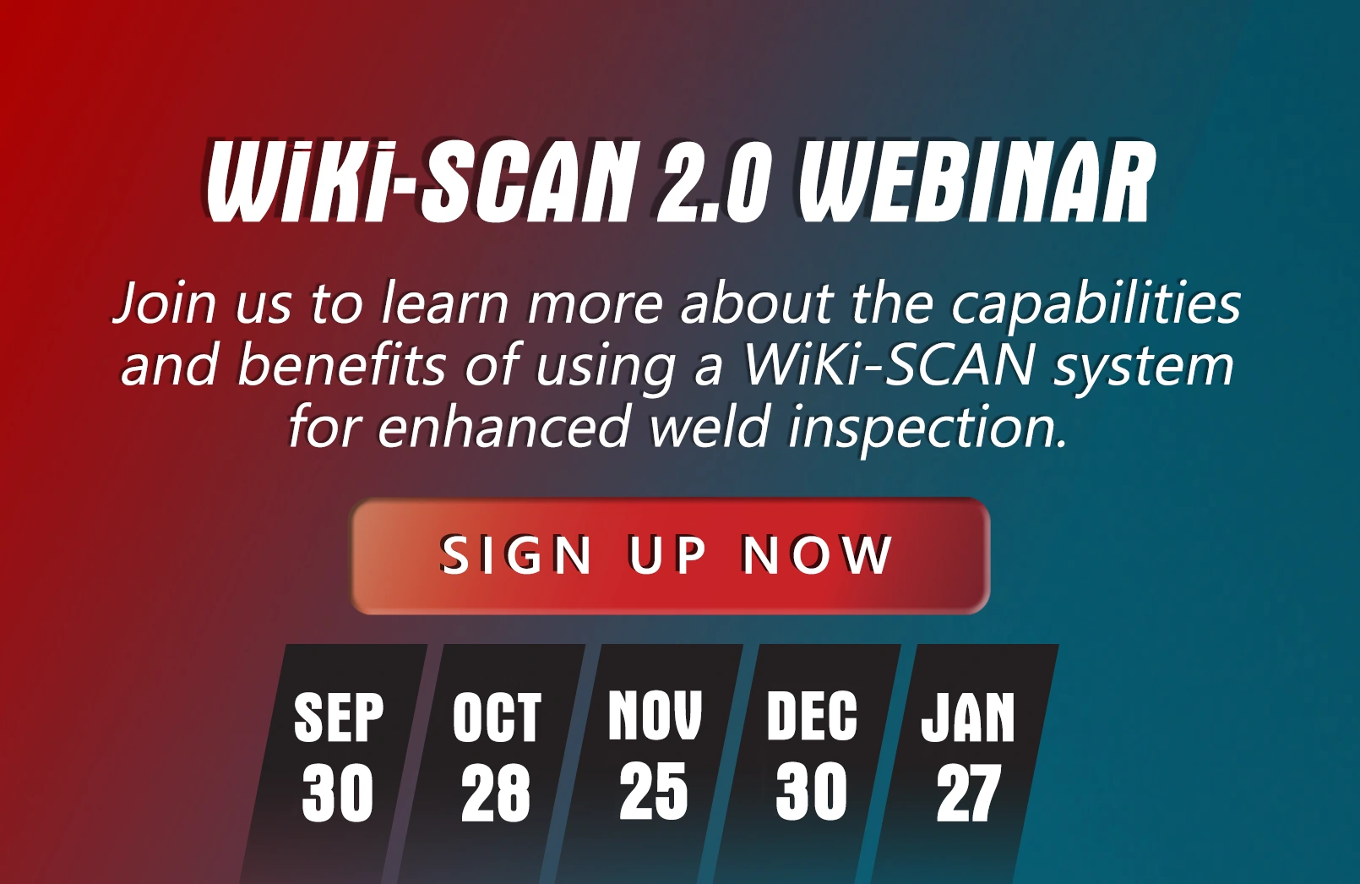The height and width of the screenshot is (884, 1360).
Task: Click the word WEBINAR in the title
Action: tap(976, 183)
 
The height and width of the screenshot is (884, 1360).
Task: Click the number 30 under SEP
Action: tap(337, 793)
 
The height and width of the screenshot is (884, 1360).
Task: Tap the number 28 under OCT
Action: tap(495, 793)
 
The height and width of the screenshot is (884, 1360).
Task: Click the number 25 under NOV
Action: tap(654, 790)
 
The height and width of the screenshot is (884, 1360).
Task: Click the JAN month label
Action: tap(968, 718)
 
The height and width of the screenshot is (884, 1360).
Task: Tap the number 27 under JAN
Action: tap(968, 793)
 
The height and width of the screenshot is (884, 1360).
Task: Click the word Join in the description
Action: tap(164, 303)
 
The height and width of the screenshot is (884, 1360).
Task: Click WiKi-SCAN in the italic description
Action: tap(889, 366)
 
